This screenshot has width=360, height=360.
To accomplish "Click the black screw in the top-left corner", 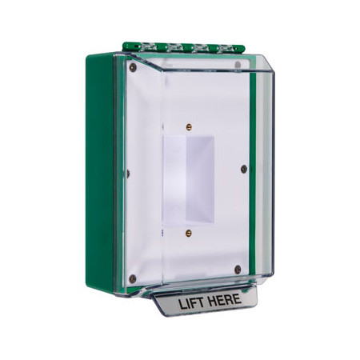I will click(133, 69).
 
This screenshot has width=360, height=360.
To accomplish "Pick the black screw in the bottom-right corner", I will click(238, 270).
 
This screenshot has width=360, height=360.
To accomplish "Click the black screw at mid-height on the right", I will click(242, 168).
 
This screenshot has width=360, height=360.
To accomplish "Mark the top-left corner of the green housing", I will click(91, 55).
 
